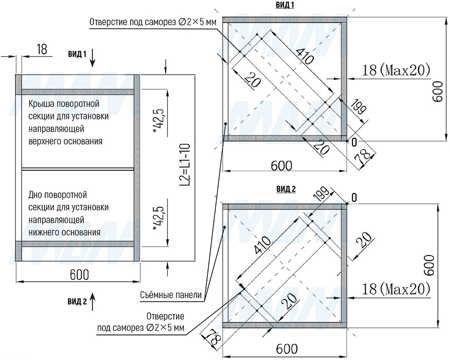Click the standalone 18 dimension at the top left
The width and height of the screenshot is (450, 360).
[42, 49]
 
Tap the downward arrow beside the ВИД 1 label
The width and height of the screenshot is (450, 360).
[92, 58]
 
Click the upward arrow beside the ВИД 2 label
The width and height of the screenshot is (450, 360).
[92, 301]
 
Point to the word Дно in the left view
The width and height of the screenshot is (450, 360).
[35, 195]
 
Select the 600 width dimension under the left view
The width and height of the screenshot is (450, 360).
[79, 275]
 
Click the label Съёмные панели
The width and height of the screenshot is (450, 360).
[171, 295]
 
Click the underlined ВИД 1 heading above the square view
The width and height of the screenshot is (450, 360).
[285, 5]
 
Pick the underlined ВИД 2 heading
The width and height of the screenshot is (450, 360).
[286, 189]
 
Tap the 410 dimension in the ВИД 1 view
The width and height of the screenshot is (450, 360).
[304, 56]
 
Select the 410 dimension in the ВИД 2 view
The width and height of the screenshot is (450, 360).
[262, 245]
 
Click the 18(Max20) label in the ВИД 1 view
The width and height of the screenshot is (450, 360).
[396, 70]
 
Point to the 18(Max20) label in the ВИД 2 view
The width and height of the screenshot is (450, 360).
[396, 289]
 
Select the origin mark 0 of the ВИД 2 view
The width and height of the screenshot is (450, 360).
[354, 198]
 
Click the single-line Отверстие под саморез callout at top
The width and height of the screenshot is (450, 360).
[153, 22]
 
